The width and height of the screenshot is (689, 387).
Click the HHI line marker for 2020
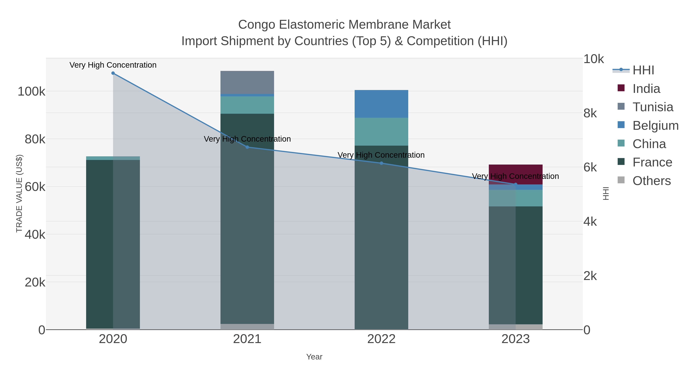click(113, 73)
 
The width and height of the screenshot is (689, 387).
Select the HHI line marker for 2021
click(247, 147)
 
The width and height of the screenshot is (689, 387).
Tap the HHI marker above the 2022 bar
click(381, 163)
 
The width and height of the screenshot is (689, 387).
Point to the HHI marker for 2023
click(516, 184)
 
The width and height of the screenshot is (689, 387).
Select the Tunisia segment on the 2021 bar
click(247, 82)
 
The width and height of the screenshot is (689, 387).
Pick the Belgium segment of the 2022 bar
click(381, 104)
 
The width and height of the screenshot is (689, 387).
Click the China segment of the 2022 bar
click(381, 132)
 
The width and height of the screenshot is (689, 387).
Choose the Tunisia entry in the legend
click(653, 107)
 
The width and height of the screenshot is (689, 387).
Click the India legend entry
click(646, 89)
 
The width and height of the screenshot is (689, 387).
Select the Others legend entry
click(651, 181)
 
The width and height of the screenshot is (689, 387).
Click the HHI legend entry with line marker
click(643, 70)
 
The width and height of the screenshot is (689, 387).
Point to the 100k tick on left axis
click(31, 92)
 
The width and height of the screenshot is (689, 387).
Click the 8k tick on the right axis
click(590, 113)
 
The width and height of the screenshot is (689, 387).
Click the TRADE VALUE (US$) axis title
click(19, 193)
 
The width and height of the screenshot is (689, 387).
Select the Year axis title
click(314, 357)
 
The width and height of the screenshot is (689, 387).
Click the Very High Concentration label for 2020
click(113, 65)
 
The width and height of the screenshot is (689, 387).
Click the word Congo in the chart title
click(256, 25)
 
